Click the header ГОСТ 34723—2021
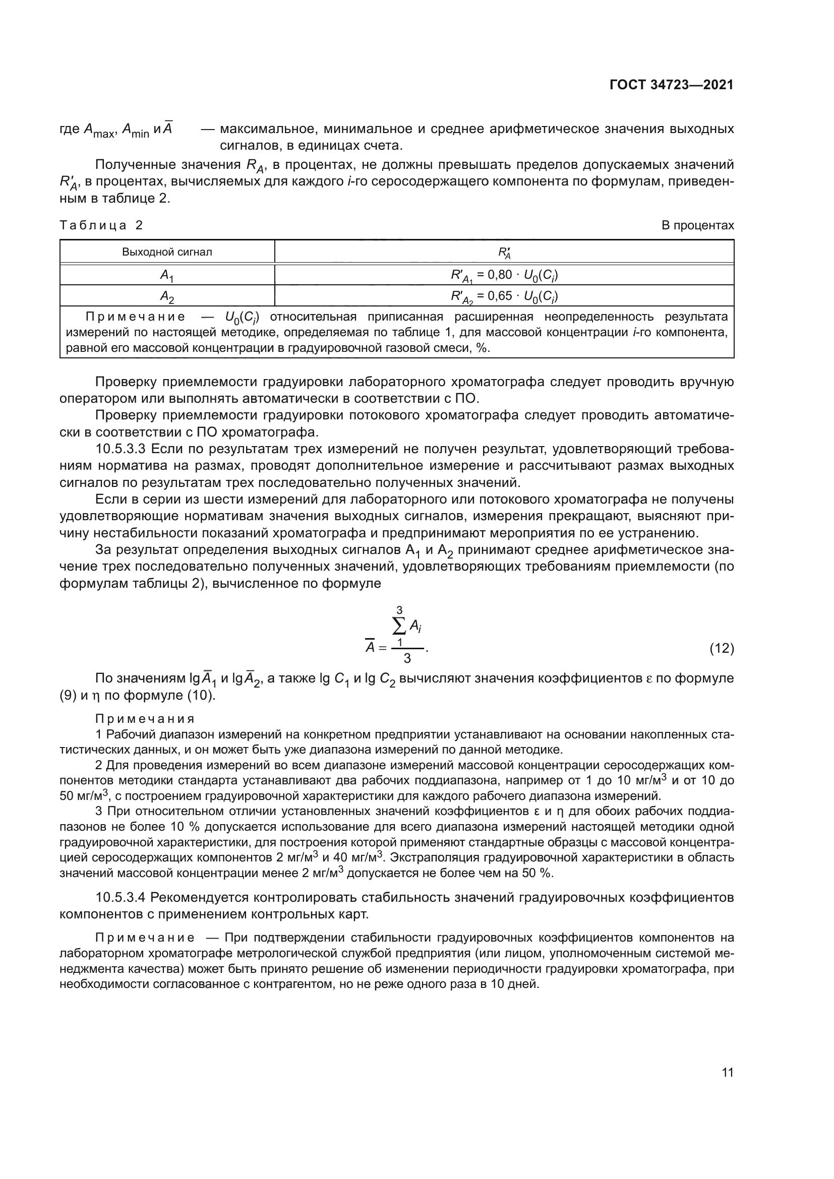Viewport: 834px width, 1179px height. [x=671, y=85]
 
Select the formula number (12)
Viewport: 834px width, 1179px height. [x=722, y=649]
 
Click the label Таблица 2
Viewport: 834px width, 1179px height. [x=102, y=225]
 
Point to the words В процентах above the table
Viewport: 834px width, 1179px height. [x=697, y=225]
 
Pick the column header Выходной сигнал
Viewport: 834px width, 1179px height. [x=167, y=252]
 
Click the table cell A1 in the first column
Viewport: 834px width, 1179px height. [x=167, y=276]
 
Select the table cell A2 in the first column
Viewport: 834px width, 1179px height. [x=167, y=296]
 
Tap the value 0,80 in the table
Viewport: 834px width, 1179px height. [x=500, y=275]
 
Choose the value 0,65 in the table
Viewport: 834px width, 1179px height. [x=500, y=296]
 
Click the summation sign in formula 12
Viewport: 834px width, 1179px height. [x=398, y=626]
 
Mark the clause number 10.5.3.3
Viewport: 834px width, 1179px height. [x=121, y=449]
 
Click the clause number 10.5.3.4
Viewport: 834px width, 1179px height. [x=121, y=898]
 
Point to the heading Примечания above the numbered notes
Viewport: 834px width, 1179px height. [x=145, y=719]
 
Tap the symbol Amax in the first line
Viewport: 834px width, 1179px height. [x=99, y=130]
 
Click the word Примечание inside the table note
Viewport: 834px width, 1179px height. [x=136, y=317]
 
